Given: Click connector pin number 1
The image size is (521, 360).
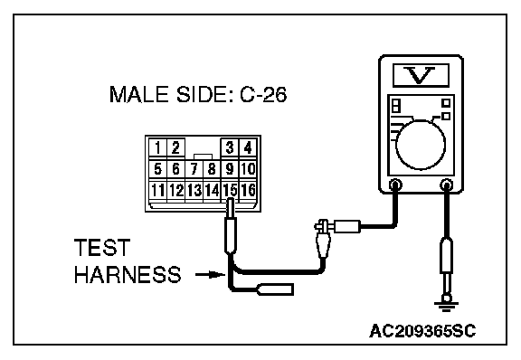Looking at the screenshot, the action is (x=157, y=147).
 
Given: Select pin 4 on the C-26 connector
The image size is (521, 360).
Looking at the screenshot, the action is (x=248, y=147).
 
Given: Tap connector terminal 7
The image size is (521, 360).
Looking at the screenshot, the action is (x=194, y=169).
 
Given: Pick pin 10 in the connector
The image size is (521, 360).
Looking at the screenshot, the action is (x=248, y=169).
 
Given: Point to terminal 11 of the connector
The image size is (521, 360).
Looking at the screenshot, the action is (x=157, y=190).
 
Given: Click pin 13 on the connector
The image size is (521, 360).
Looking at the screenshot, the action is (x=194, y=190).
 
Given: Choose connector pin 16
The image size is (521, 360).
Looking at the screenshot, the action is (x=248, y=190).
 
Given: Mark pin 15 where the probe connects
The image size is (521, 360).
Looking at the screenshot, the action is (x=230, y=190).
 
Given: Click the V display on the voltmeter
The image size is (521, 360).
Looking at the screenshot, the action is (x=421, y=75).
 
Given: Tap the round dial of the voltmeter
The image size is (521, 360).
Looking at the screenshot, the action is (x=421, y=145).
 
